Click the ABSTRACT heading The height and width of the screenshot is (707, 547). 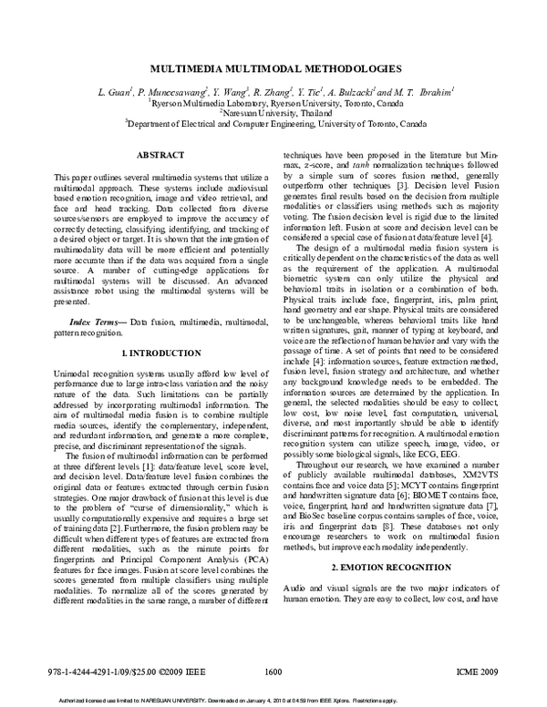(x=160, y=156)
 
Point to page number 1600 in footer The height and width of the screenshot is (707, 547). (x=273, y=673)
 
